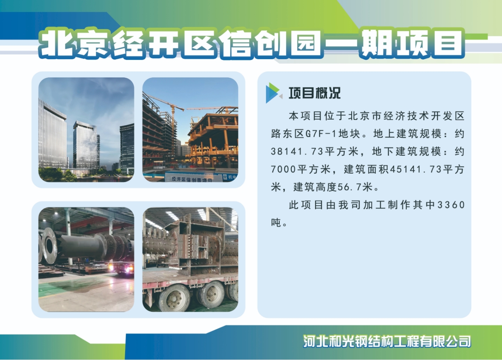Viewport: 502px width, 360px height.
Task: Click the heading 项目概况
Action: [x=314, y=93]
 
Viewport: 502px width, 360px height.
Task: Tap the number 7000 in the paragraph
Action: [x=284, y=169]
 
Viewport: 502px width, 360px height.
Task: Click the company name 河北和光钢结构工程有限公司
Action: [x=387, y=341]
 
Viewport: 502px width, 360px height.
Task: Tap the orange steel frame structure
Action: [x=214, y=136]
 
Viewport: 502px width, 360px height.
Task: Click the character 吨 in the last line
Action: [x=276, y=223]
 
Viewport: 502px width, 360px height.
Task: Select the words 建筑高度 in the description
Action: [x=315, y=187]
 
